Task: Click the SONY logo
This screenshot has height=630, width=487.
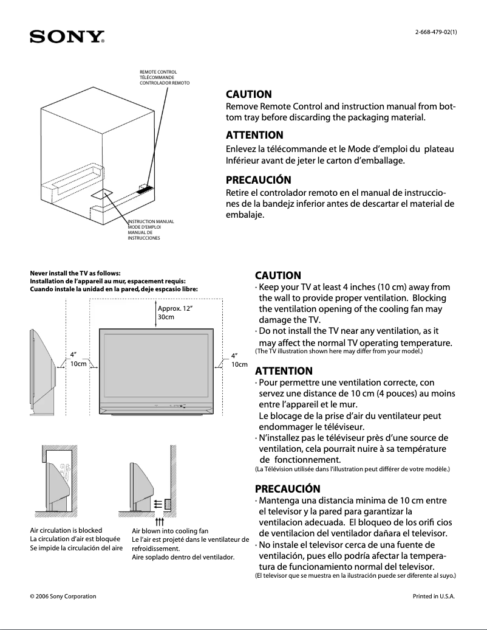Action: [67, 37]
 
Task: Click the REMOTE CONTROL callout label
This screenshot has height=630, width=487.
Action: [158, 72]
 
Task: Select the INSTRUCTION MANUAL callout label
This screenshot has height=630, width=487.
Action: [151, 221]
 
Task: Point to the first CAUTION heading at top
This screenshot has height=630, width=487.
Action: [249, 95]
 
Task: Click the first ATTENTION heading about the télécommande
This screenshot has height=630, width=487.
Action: [254, 135]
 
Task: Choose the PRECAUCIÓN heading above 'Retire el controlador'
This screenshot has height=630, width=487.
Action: [258, 180]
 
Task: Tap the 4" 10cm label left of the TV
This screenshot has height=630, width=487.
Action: [77, 359]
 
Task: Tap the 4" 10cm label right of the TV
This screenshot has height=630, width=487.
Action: [239, 359]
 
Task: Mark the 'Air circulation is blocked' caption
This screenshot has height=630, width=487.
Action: [66, 530]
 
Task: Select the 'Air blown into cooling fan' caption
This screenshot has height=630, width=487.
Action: [170, 531]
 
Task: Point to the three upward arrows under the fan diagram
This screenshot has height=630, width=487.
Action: [160, 521]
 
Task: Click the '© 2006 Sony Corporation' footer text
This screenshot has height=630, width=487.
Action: [63, 596]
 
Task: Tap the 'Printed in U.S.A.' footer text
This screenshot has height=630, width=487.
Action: [434, 596]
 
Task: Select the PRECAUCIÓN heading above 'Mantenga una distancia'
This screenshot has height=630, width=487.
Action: [287, 489]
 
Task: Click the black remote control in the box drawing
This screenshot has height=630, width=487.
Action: [145, 189]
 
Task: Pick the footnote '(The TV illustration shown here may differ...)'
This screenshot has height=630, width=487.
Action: [338, 351]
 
